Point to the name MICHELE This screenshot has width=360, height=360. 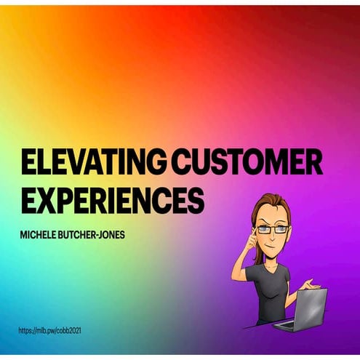pos(39,236)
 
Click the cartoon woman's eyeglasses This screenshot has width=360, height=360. pos(271,230)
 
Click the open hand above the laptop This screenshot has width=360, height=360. pos(311,284)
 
